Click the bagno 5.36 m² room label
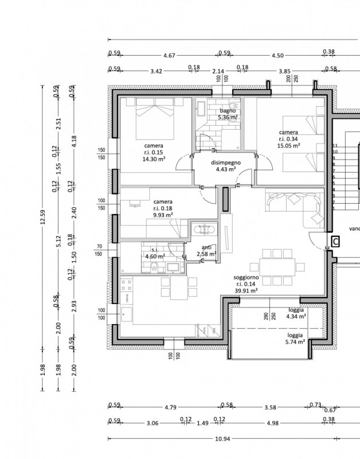[x=228, y=114]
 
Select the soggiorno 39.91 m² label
[x=246, y=284]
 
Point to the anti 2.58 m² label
[x=206, y=251]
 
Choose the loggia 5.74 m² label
[x=296, y=337]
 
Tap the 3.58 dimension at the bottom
[x=271, y=408]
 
